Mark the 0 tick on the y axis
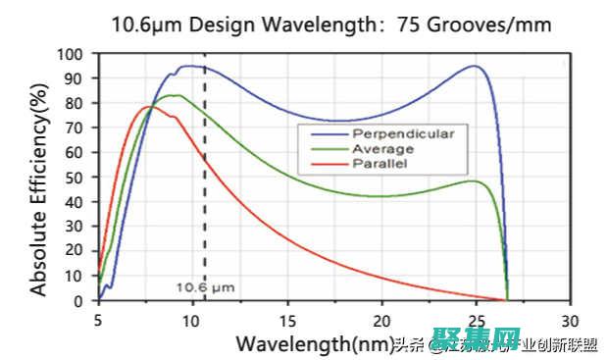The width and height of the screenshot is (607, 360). (x=77, y=301)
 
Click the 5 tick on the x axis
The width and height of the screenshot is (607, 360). (x=98, y=320)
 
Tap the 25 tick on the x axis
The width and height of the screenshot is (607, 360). (x=476, y=320)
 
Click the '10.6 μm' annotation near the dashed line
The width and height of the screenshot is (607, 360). (x=205, y=286)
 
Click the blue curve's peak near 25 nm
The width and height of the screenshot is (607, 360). (x=475, y=66)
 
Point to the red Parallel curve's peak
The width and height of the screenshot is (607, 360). (x=148, y=106)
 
